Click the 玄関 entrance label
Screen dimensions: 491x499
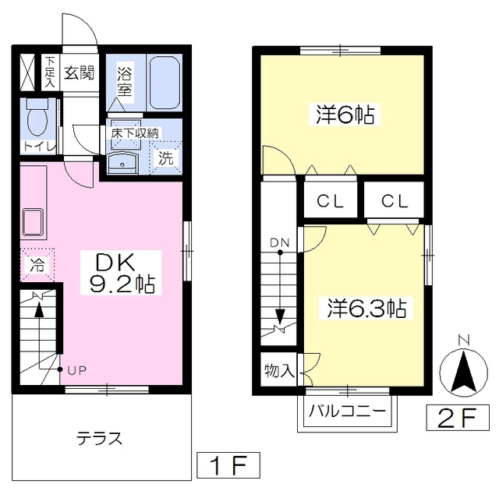tap(79, 73)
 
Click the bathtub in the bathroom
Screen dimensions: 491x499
tap(164, 83)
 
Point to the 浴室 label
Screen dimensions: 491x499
tap(125, 83)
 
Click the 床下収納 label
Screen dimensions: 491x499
tap(135, 133)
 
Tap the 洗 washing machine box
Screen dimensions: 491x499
tap(166, 156)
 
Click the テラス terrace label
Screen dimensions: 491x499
tap(99, 437)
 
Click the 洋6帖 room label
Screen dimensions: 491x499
tap(344, 115)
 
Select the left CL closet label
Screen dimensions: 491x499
tap(330, 201)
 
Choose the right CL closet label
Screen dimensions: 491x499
tap(395, 201)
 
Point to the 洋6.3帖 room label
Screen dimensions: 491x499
tap(366, 308)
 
